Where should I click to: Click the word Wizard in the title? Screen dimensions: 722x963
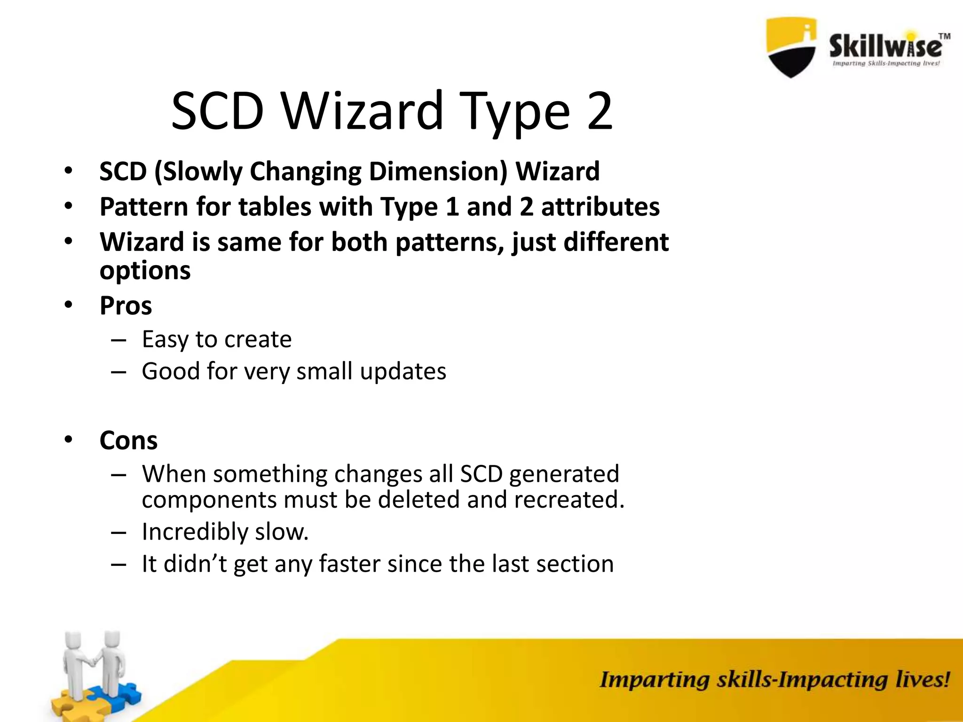362,112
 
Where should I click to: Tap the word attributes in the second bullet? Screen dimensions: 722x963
600,207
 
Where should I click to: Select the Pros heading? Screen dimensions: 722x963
126,306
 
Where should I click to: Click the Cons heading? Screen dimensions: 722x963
128,441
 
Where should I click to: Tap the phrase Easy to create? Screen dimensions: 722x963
217,339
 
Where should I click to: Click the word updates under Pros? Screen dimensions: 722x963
403,371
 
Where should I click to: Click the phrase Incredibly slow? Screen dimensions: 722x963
225,532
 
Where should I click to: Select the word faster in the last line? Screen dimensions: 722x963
349,564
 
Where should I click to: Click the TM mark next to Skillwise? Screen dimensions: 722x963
944,36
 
